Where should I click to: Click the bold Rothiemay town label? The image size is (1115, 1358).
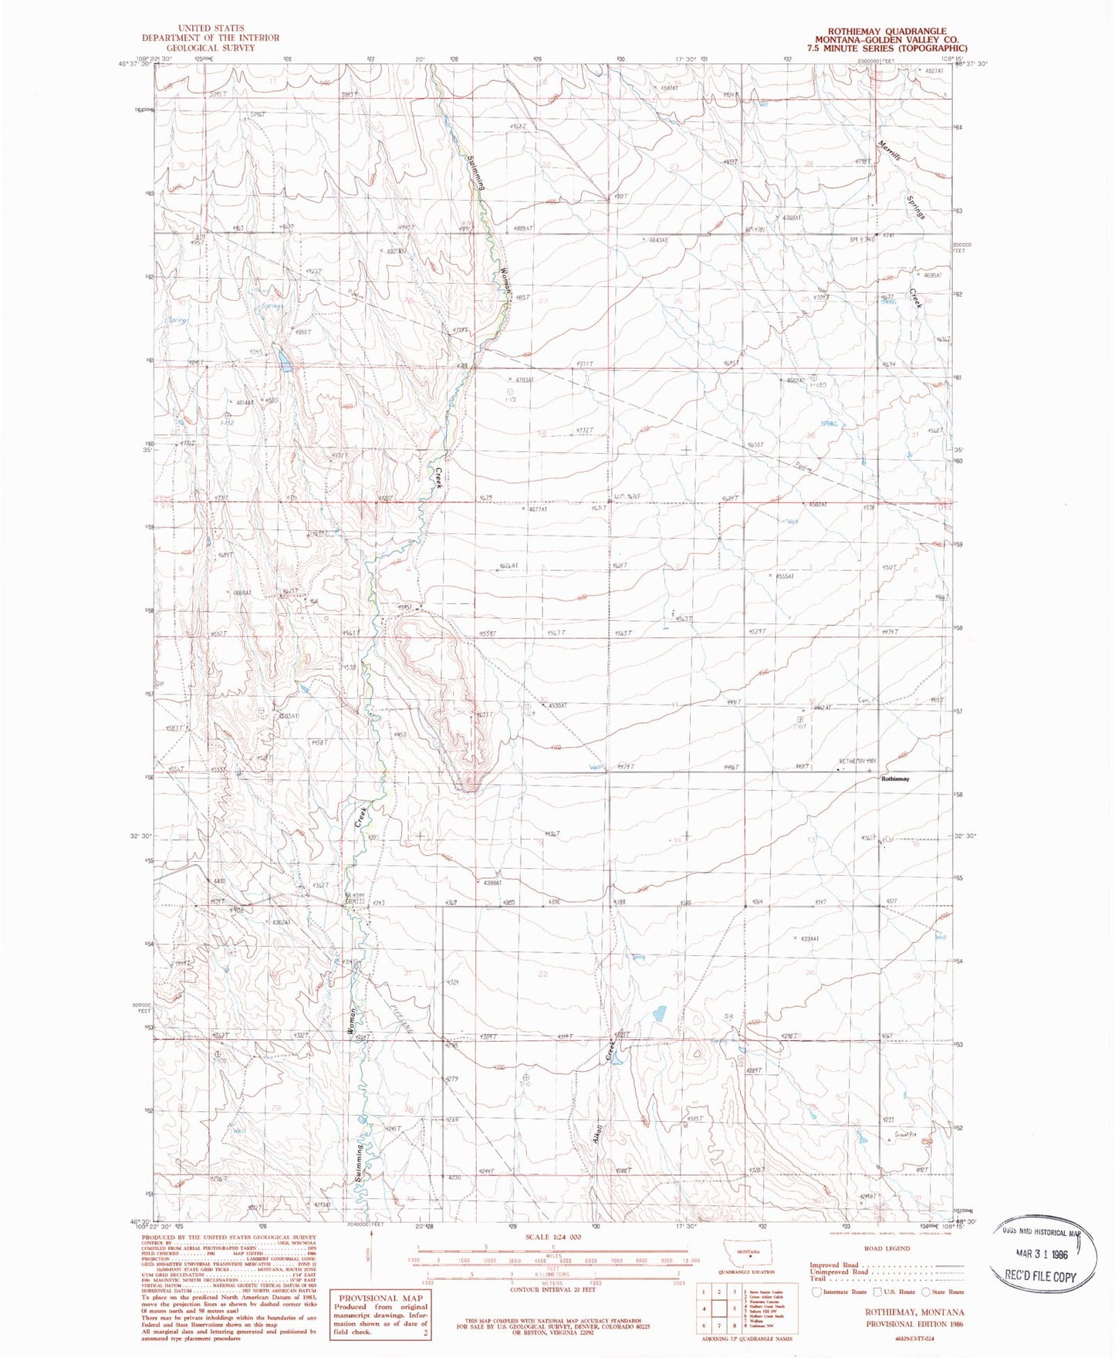[895, 779]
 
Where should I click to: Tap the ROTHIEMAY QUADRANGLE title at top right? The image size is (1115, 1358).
[887, 31]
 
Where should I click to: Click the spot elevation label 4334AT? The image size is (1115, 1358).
[816, 939]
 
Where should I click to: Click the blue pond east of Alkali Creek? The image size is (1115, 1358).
[659, 1013]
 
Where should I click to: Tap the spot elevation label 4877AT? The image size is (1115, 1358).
[537, 509]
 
